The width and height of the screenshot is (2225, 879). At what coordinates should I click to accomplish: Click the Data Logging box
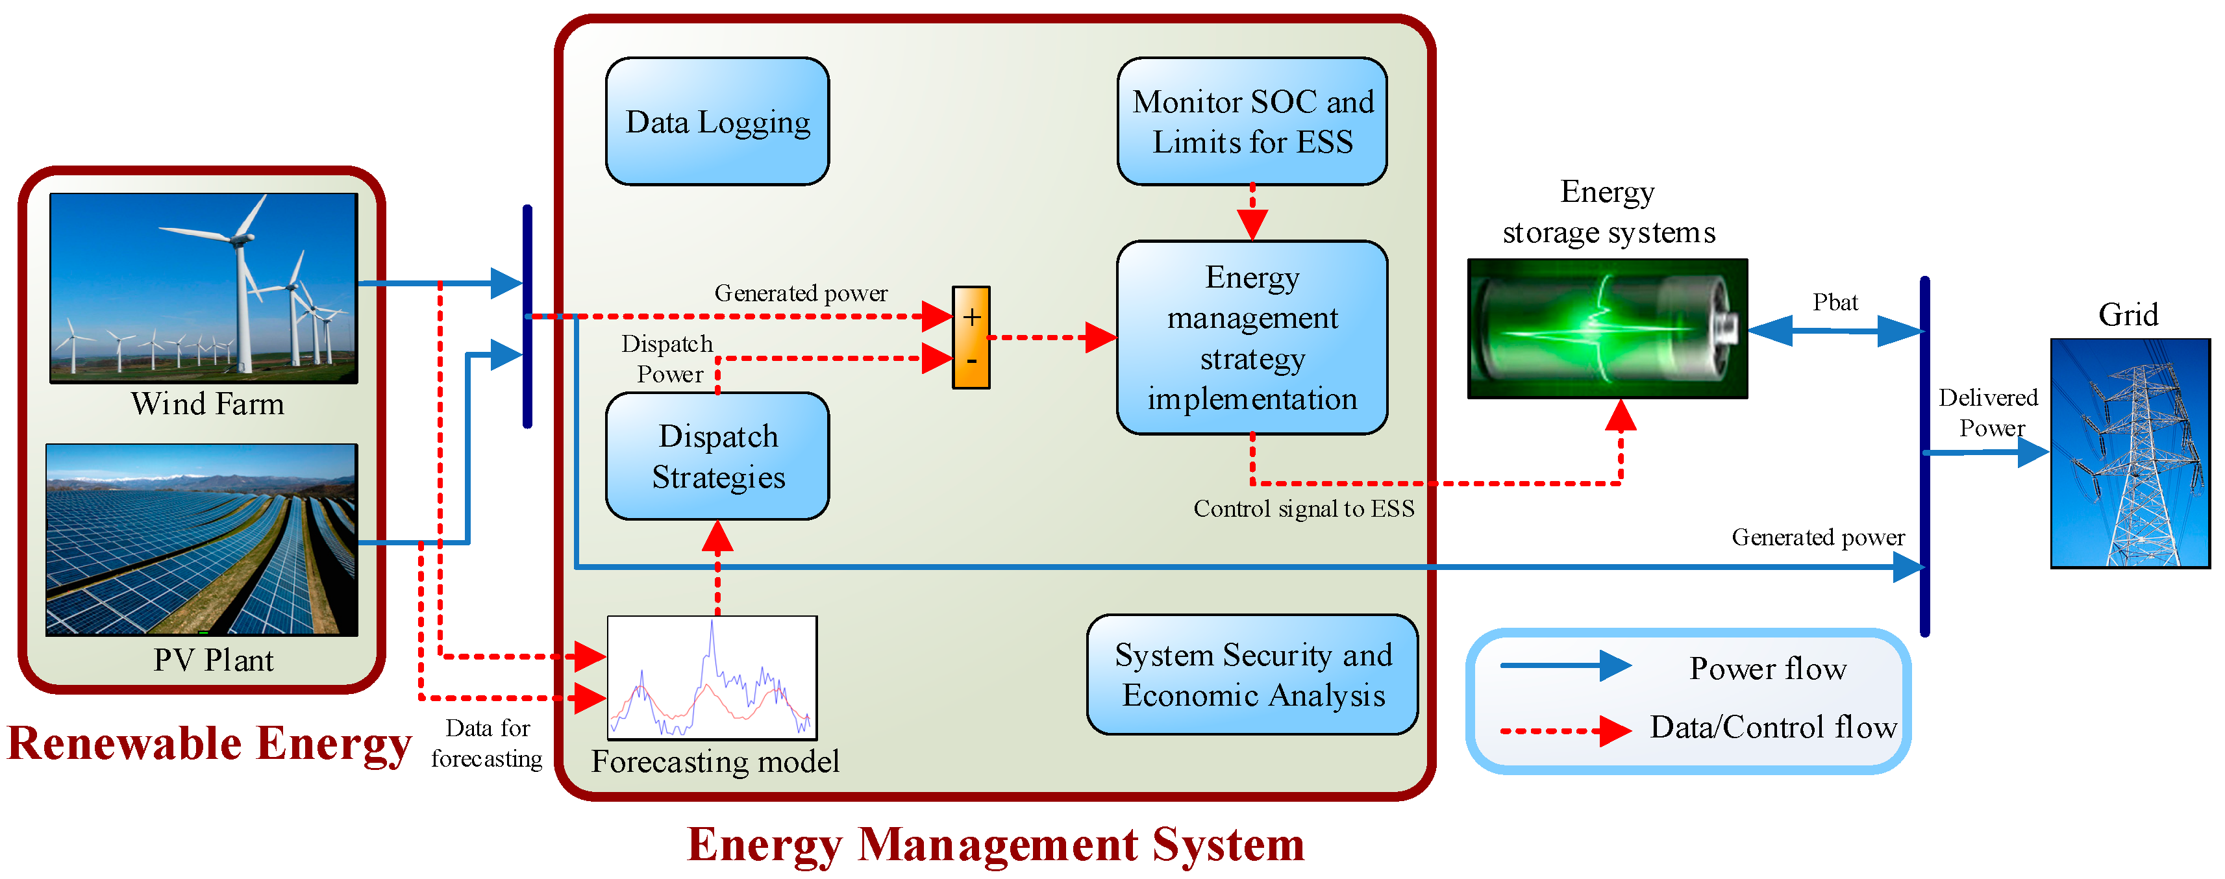(x=717, y=122)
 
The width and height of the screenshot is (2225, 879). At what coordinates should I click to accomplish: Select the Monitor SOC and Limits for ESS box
(x=1252, y=122)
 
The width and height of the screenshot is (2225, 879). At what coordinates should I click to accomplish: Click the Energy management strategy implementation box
(x=1252, y=338)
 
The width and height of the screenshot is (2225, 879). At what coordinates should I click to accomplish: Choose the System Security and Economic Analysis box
(x=1252, y=675)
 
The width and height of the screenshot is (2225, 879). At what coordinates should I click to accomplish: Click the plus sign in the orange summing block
(x=972, y=317)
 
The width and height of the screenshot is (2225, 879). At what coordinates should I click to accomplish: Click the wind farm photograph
(x=204, y=288)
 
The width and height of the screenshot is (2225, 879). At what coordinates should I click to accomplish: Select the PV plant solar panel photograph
(x=201, y=539)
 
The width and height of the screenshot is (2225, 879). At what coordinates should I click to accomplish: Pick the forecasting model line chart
(x=712, y=678)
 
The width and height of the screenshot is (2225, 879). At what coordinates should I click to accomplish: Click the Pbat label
(x=1835, y=303)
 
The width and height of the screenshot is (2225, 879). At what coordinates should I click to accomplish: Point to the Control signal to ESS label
(x=1304, y=508)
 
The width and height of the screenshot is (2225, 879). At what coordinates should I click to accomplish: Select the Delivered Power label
(x=1987, y=413)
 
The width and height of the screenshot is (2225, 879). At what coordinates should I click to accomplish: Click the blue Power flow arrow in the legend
(x=1564, y=665)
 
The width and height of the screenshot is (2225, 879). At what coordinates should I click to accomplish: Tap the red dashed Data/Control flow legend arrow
(x=1564, y=730)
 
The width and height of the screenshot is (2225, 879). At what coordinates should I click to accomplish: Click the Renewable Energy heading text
(x=209, y=743)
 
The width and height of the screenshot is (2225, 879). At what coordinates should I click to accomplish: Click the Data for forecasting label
(x=487, y=743)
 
